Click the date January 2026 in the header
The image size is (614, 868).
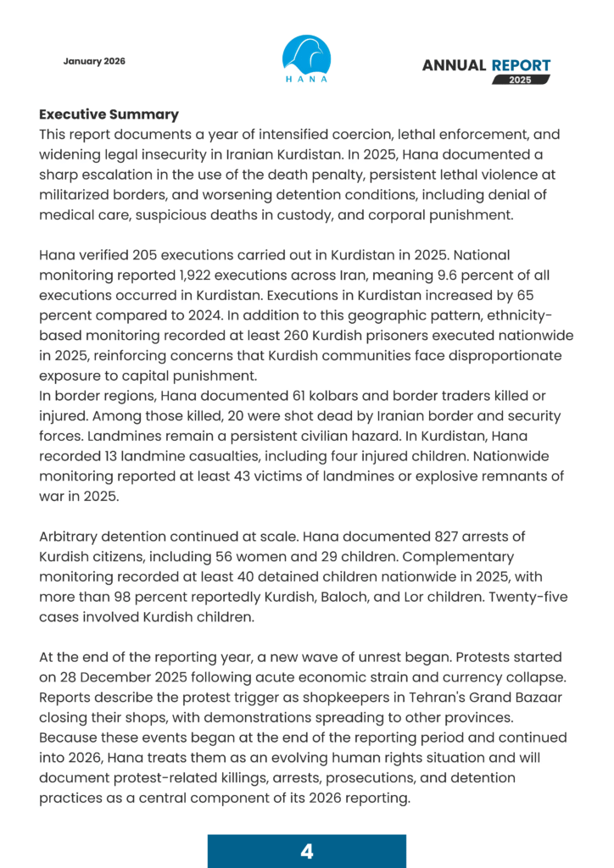(94, 62)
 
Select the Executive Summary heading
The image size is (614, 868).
(109, 114)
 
